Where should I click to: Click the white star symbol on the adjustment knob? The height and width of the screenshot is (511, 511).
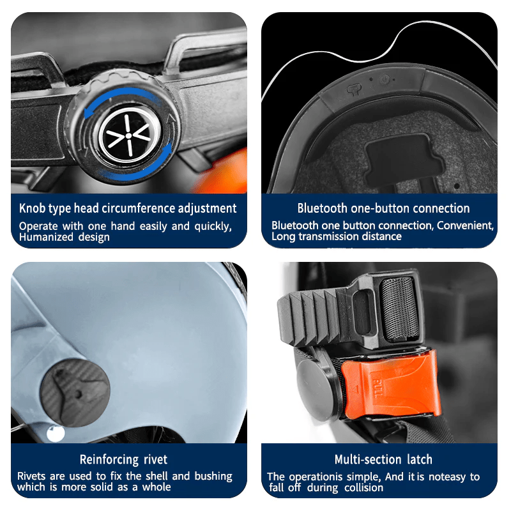click(x=130, y=135)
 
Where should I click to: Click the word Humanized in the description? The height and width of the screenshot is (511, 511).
click(x=46, y=237)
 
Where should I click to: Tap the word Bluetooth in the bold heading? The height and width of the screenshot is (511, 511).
click(x=322, y=208)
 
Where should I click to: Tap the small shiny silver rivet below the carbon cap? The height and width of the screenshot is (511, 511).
click(x=56, y=434)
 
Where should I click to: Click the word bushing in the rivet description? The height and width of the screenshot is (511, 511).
click(x=213, y=477)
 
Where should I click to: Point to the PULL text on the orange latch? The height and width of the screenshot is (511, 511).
click(x=377, y=388)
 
